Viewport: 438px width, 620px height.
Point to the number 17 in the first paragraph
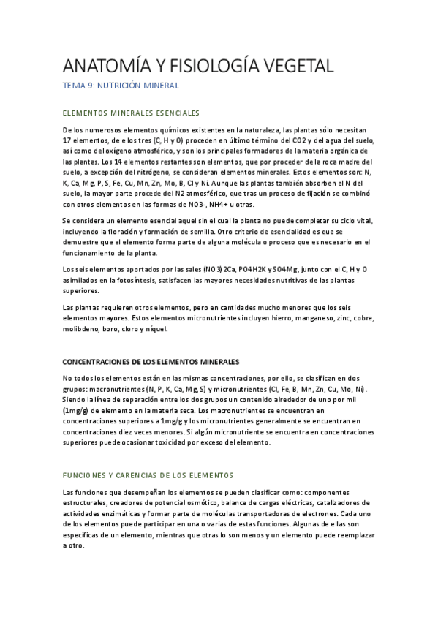(67, 140)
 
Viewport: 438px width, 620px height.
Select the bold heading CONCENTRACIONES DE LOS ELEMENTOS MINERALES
(151, 362)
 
